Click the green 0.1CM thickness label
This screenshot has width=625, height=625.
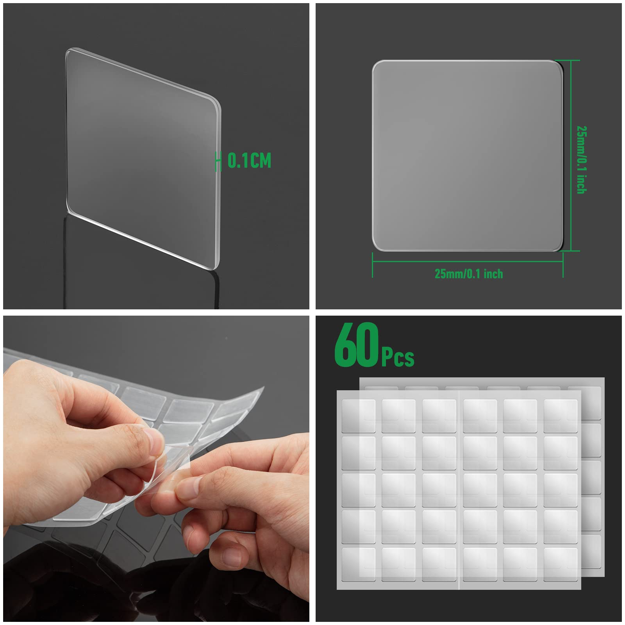coord(249,161)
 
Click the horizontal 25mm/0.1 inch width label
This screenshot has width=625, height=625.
coord(469,274)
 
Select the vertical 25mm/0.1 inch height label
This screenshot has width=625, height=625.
coord(582,160)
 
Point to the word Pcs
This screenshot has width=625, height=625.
coord(398,357)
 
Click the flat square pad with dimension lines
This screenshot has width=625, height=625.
coord(468,155)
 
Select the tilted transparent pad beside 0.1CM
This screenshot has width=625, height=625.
coord(143,158)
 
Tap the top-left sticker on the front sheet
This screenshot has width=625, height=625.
coord(359,415)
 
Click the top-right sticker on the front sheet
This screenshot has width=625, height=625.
coord(560,415)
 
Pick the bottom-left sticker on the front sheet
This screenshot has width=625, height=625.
coord(359,564)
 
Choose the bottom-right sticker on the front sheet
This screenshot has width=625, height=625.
coord(560,564)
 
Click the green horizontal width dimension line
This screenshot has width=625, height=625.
coord(468,261)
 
